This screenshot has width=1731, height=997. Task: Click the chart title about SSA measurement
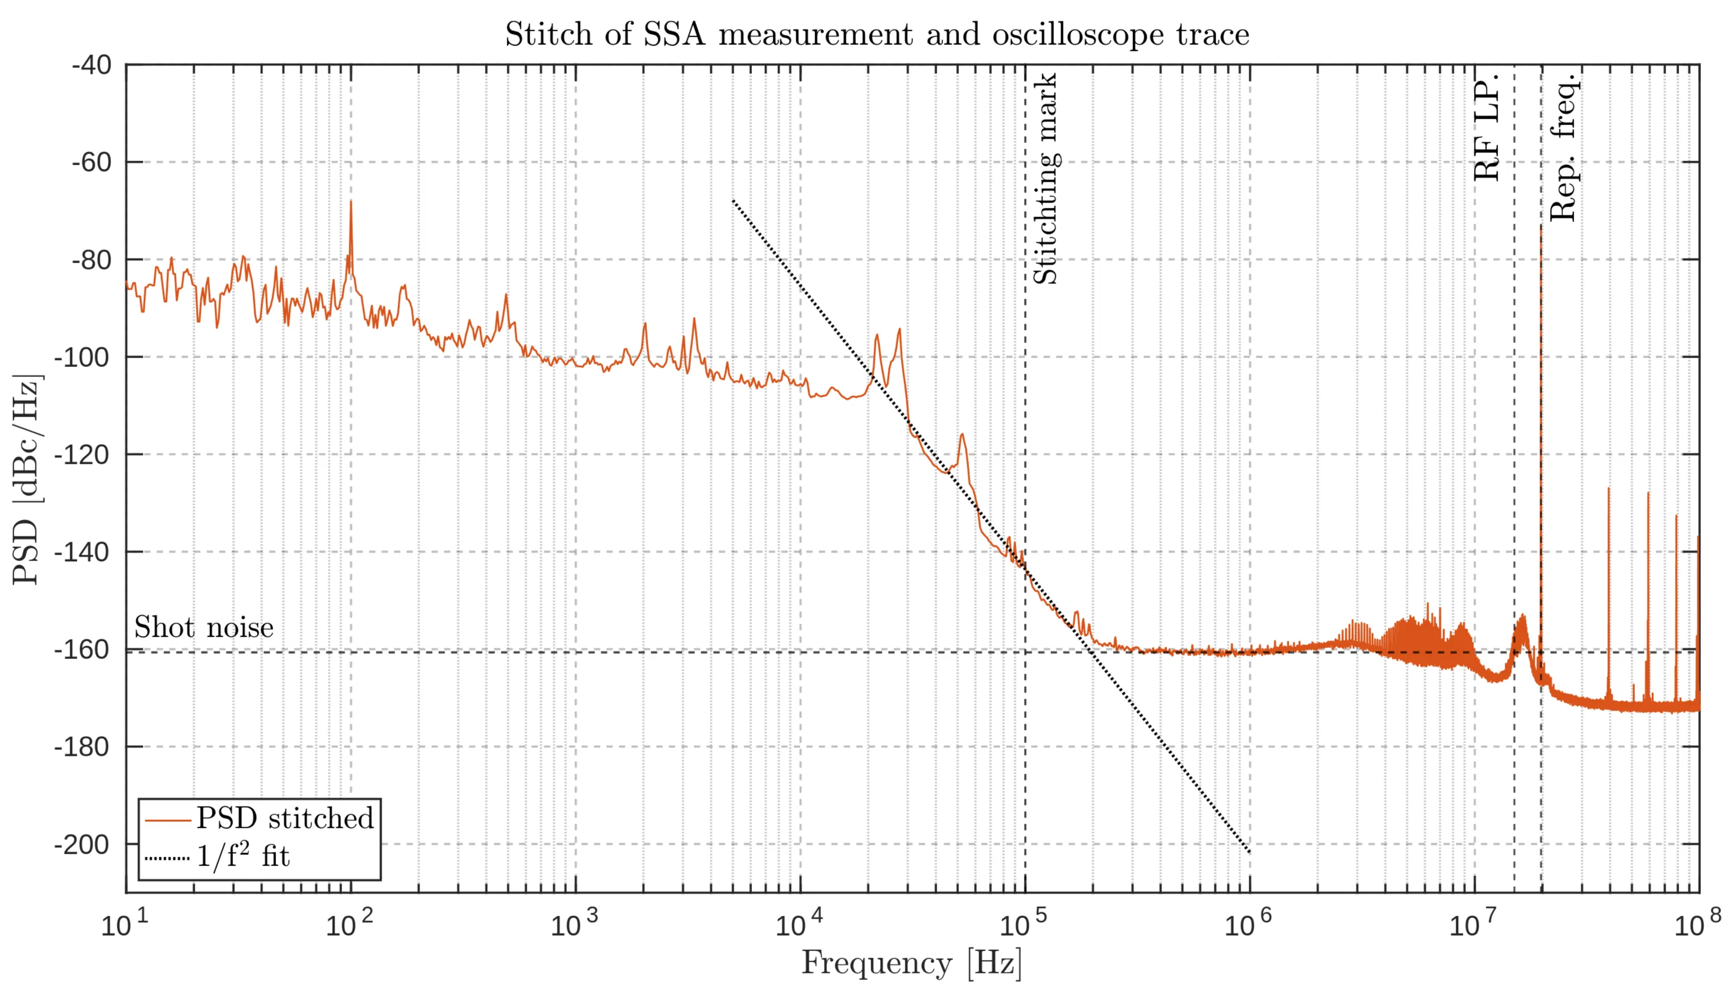coord(877,34)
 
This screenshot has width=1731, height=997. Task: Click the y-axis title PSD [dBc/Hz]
coord(27,479)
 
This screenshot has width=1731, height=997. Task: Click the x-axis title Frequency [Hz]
coord(912,963)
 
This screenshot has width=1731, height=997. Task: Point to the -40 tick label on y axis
coord(91,65)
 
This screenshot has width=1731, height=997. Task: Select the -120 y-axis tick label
coord(82,455)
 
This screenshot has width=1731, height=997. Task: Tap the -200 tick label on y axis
coord(82,845)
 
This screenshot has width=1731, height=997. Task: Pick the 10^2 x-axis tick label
coord(349,925)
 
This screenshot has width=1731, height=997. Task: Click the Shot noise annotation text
coord(203,627)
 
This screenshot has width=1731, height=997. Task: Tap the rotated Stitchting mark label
coord(1045,179)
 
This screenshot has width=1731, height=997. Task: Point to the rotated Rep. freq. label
coord(1564,148)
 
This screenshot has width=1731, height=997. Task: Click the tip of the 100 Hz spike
coord(351,201)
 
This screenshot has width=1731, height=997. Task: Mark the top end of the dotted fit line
coord(733,201)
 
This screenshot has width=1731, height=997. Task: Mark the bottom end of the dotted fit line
coord(1250,852)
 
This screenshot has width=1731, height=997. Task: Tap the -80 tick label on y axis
coord(91,260)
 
